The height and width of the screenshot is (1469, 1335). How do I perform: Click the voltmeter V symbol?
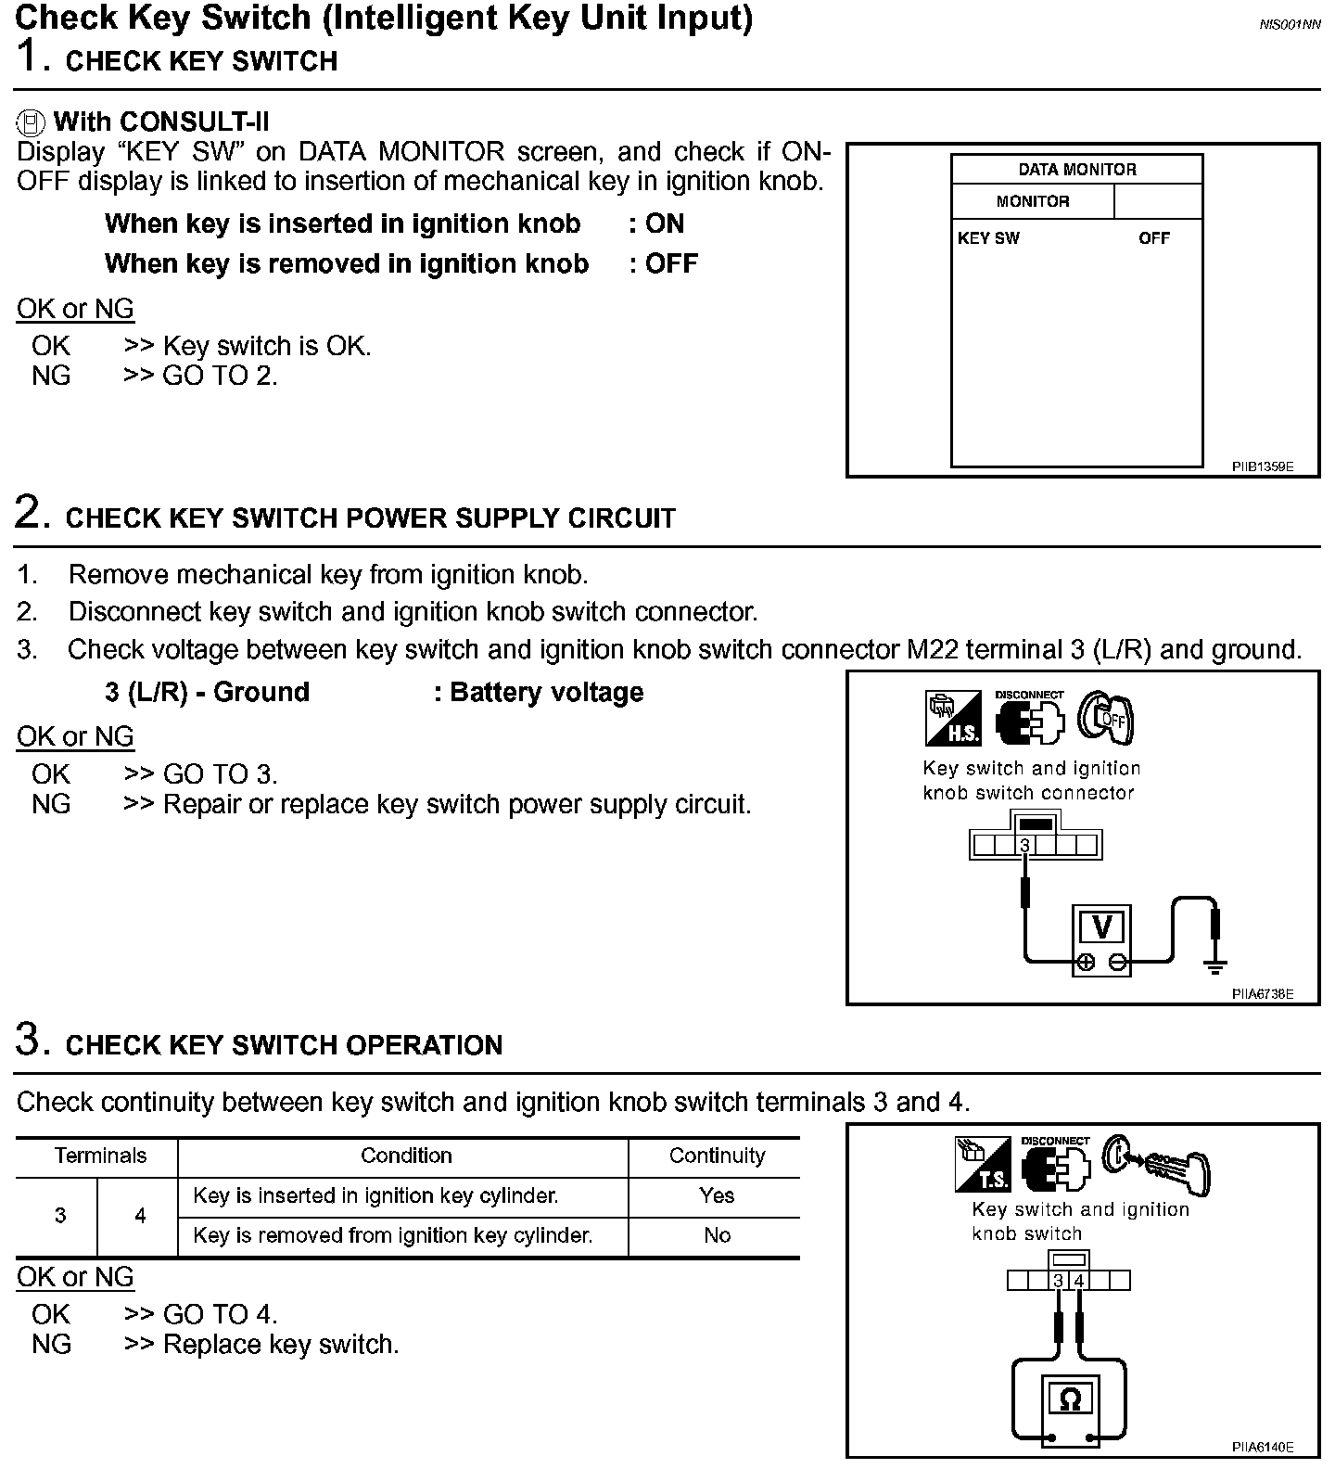pyautogui.click(x=1102, y=926)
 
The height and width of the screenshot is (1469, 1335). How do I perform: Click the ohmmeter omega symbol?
pyautogui.click(x=1070, y=1399)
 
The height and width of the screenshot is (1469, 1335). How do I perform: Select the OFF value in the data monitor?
pyautogui.click(x=1154, y=238)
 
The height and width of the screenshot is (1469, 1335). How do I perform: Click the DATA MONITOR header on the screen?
pyautogui.click(x=1076, y=170)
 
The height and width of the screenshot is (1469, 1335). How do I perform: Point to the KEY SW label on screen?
pyautogui.click(x=988, y=238)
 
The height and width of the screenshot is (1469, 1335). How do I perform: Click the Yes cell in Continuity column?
pyautogui.click(x=717, y=1195)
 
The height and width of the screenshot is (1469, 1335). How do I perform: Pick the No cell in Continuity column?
pyautogui.click(x=717, y=1235)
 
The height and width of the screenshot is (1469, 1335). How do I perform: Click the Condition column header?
pyautogui.click(x=406, y=1156)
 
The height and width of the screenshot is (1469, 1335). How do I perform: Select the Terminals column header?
pyautogui.click(x=100, y=1156)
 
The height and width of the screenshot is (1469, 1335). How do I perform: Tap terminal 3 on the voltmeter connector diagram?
pyautogui.click(x=1024, y=845)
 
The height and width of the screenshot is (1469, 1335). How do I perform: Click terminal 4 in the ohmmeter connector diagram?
pyautogui.click(x=1078, y=1281)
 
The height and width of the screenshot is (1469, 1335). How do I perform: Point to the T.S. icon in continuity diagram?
pyautogui.click(x=984, y=1165)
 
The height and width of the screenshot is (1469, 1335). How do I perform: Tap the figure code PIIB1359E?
pyautogui.click(x=1262, y=466)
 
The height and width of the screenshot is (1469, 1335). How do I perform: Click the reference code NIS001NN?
pyautogui.click(x=1290, y=25)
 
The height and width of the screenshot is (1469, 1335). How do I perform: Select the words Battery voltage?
pyautogui.click(x=546, y=692)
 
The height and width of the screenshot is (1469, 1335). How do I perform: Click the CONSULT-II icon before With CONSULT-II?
pyautogui.click(x=32, y=122)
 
